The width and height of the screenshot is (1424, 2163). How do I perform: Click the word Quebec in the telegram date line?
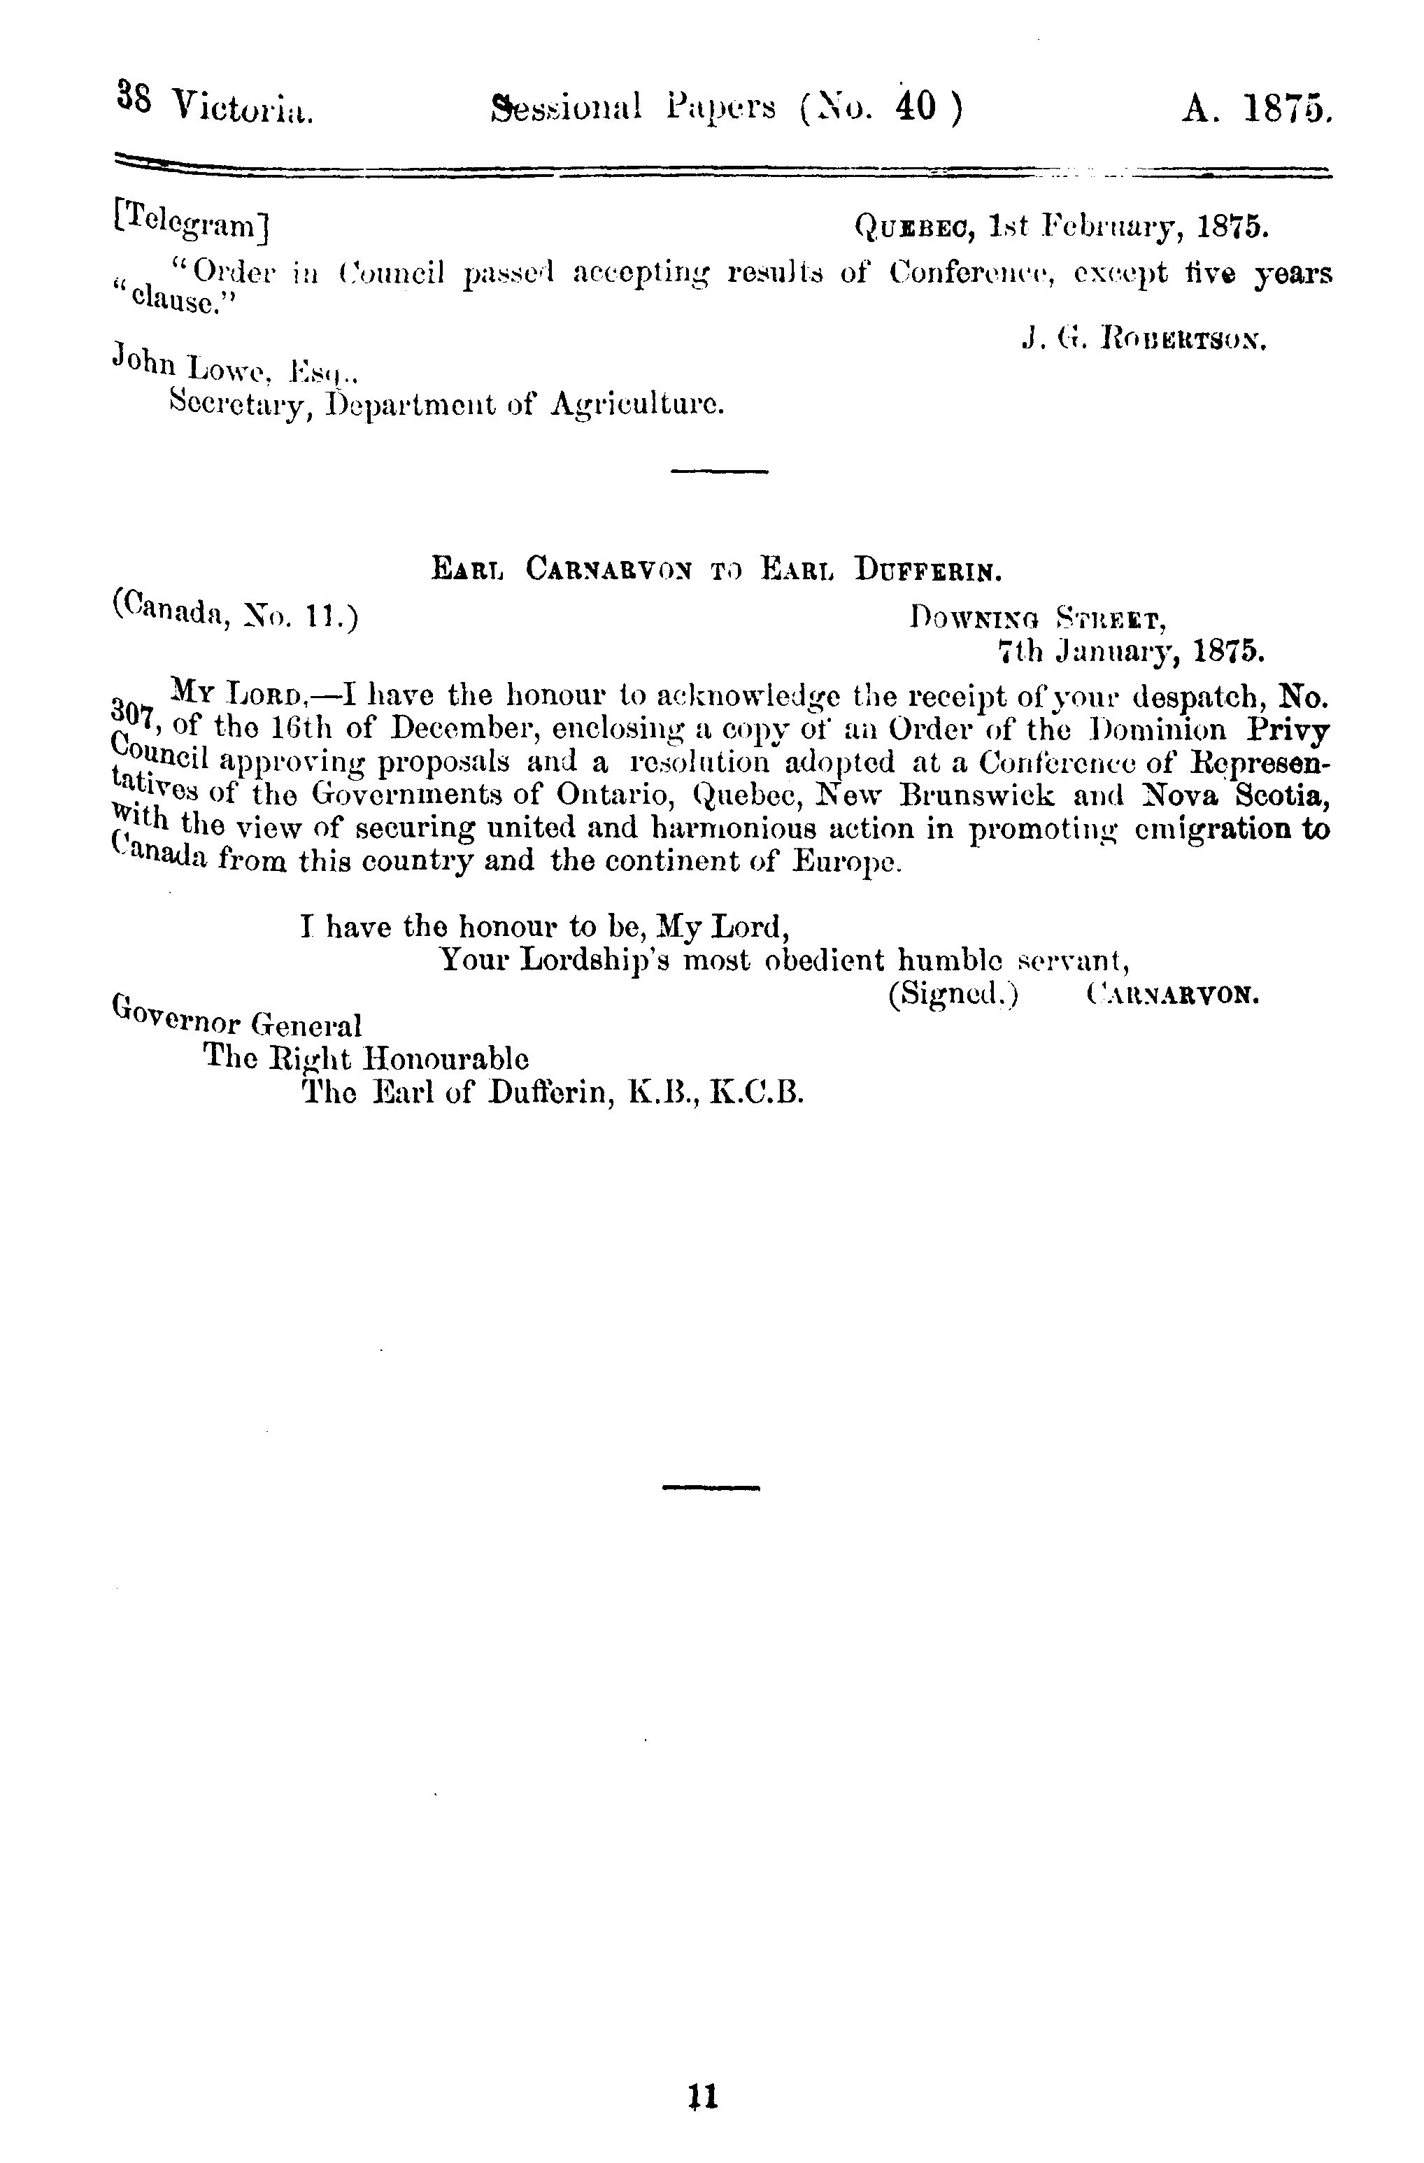915,226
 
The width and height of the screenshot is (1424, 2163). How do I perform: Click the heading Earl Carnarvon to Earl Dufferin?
716,572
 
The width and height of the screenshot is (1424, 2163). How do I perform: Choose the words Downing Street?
1038,620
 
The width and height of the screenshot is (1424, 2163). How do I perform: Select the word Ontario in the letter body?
613,795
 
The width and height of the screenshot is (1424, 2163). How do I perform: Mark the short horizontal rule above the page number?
711,1488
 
